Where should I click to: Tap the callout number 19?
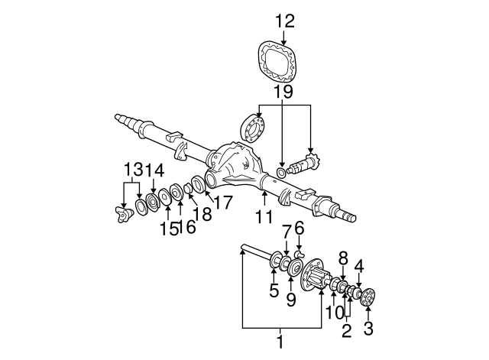pos(283,93)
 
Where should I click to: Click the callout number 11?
pos(264,216)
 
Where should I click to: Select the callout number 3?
pos(368,330)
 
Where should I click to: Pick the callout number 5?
pos(273,290)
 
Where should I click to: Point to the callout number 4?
pos(359,266)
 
